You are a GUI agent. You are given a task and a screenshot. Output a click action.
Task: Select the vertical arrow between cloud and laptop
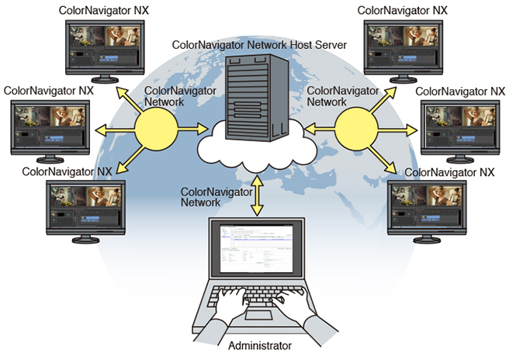coord(257,199)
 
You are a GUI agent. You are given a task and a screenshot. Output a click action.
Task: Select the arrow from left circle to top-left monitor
coord(128,99)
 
